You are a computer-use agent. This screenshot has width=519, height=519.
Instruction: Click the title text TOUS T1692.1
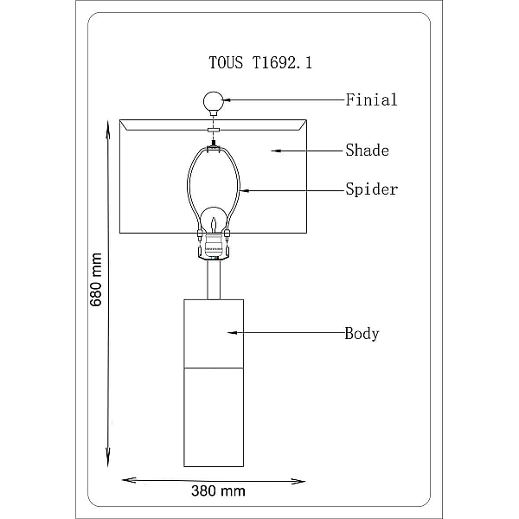[260, 62]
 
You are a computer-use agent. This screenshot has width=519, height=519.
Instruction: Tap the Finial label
[371, 100]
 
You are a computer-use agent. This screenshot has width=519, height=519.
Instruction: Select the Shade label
[368, 151]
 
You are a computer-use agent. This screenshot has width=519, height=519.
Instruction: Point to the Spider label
[371, 189]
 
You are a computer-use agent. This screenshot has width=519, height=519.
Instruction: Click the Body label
[362, 333]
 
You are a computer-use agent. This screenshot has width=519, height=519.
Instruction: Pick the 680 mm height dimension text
[96, 279]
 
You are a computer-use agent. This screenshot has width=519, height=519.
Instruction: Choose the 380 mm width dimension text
[218, 490]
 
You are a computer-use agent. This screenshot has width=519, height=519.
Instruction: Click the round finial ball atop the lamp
[214, 101]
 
